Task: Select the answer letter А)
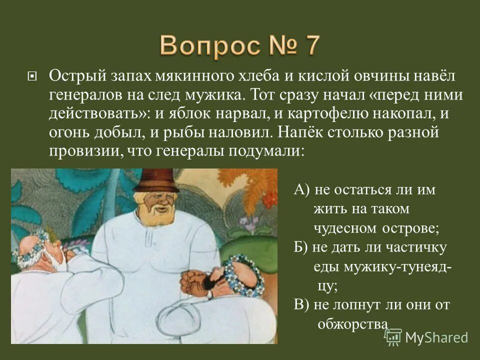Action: click(x=302, y=190)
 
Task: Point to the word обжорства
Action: click(x=353, y=324)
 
